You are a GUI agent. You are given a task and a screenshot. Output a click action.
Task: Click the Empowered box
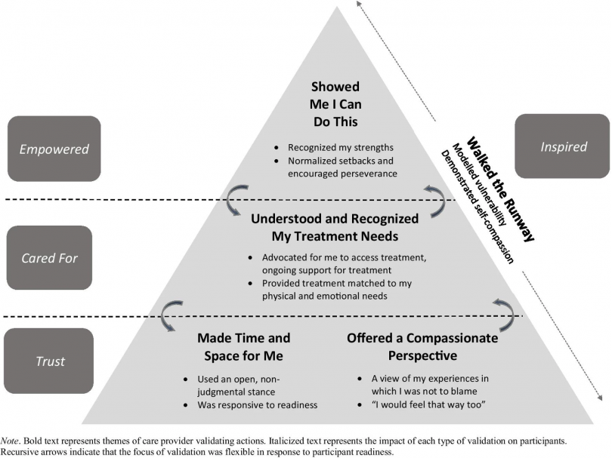[52, 149]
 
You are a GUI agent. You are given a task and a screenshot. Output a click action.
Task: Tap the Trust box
[49, 361]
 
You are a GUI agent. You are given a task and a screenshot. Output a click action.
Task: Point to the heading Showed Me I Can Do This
[335, 103]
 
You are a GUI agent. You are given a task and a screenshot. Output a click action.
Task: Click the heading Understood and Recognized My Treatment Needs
[335, 226]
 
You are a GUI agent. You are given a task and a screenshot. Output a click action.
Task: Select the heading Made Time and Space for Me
[243, 346]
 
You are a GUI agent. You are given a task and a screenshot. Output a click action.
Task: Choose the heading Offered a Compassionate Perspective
[422, 346]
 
